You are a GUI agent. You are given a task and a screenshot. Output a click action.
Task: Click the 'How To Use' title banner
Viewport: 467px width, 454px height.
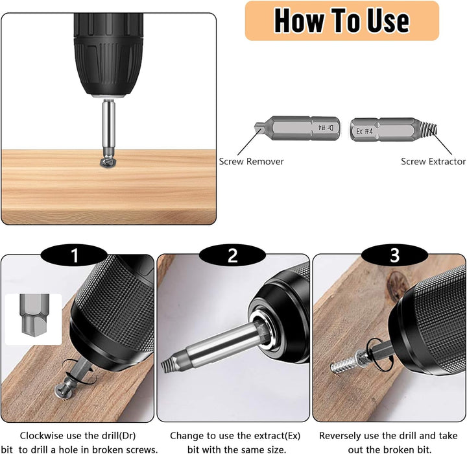pyautogui.click(x=342, y=21)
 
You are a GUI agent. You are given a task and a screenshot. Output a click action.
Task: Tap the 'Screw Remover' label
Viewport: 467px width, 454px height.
pyautogui.click(x=252, y=162)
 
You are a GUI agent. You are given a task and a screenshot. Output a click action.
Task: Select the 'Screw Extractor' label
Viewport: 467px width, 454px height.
pyautogui.click(x=433, y=162)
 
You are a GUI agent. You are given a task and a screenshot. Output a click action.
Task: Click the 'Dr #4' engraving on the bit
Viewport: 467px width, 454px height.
pyautogui.click(x=326, y=128)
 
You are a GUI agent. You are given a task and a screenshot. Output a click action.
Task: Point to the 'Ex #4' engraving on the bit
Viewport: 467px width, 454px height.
pyautogui.click(x=365, y=131)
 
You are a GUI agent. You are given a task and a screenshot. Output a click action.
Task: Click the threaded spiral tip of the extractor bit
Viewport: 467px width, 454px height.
pyautogui.click(x=429, y=128)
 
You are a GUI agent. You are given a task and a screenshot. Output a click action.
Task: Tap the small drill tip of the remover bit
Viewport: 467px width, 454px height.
pyautogui.click(x=259, y=127)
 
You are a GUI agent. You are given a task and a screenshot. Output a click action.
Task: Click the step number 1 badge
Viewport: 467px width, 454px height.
pyautogui.click(x=74, y=255)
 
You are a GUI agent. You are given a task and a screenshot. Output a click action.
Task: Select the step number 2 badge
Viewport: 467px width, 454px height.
pyautogui.click(x=233, y=255)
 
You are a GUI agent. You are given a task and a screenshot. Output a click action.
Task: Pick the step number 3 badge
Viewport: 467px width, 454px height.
pyautogui.click(x=394, y=255)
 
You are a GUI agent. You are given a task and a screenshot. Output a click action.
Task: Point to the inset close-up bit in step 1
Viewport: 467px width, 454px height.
pyautogui.click(x=34, y=319)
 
